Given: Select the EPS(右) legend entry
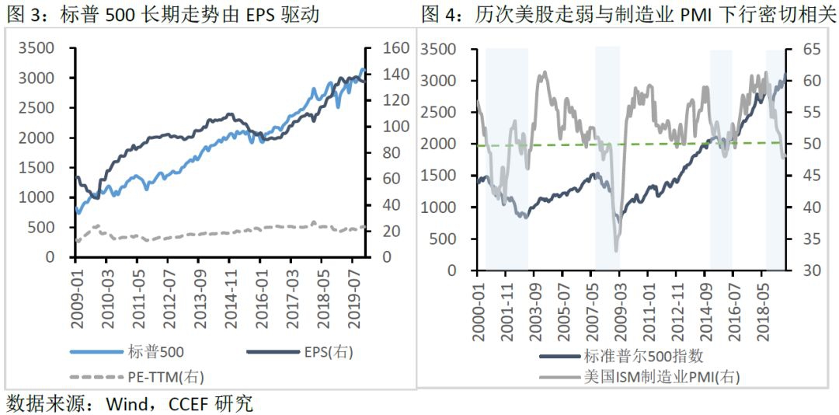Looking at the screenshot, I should pos(327,351).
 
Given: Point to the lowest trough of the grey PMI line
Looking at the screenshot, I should pos(616,250).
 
